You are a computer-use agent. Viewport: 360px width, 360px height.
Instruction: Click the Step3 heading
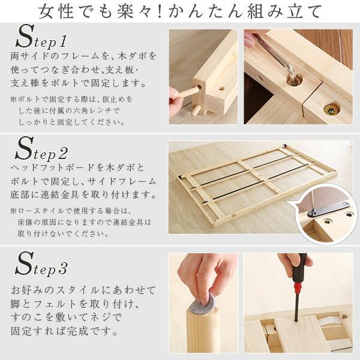tap(42, 264)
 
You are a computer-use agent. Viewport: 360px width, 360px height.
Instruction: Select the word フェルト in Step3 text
tap(64, 304)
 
